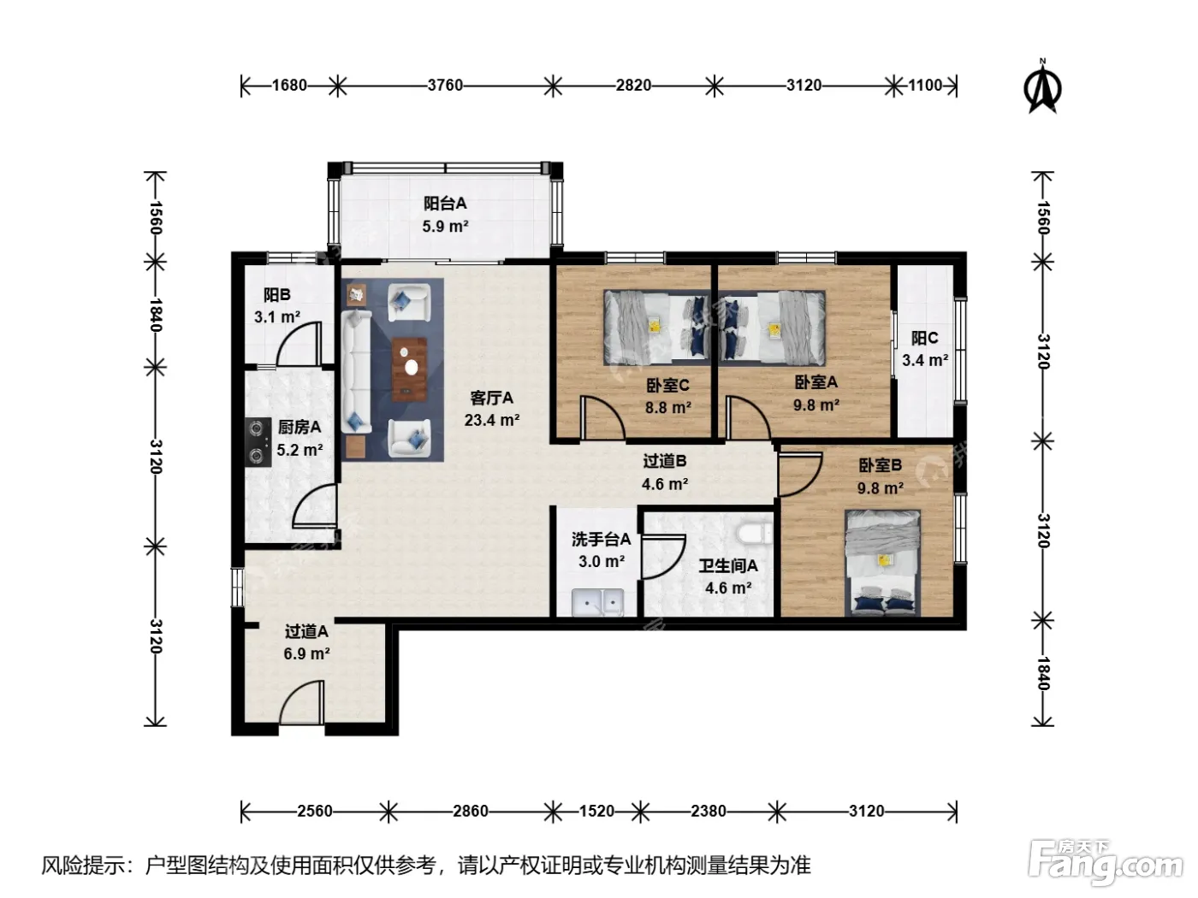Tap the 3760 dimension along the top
click(445, 85)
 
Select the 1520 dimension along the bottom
click(596, 811)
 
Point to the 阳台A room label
click(445, 204)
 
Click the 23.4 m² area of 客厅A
click(492, 420)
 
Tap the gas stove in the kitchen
click(258, 441)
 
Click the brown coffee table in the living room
click(409, 369)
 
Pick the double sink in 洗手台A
click(597, 602)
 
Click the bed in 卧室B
click(882, 563)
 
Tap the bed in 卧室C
click(656, 328)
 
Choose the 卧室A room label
click(816, 382)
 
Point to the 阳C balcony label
click(924, 338)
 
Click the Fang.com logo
click(1105, 862)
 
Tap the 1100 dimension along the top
click(924, 85)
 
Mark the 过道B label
click(664, 461)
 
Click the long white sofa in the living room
click(356, 372)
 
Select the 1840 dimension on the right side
click(1042, 673)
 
